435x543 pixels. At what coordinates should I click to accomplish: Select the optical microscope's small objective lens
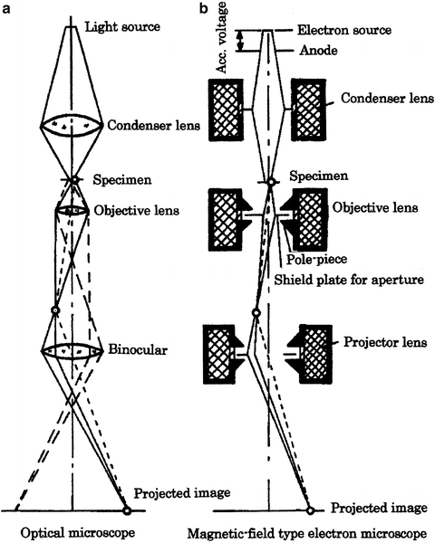[x=72, y=211]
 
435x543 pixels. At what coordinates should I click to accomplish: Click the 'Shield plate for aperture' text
[x=348, y=280]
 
